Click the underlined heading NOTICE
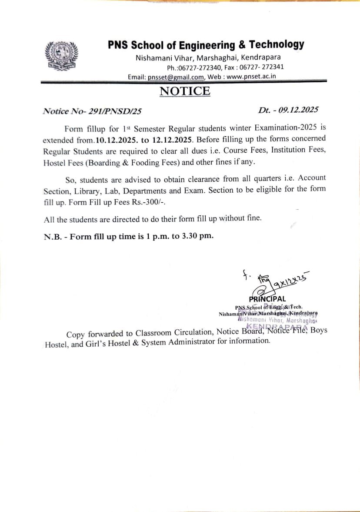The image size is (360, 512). click(185, 91)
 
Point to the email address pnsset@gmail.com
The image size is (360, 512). click(176, 77)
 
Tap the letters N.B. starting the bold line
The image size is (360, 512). click(53, 237)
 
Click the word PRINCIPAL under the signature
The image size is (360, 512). click(267, 299)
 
